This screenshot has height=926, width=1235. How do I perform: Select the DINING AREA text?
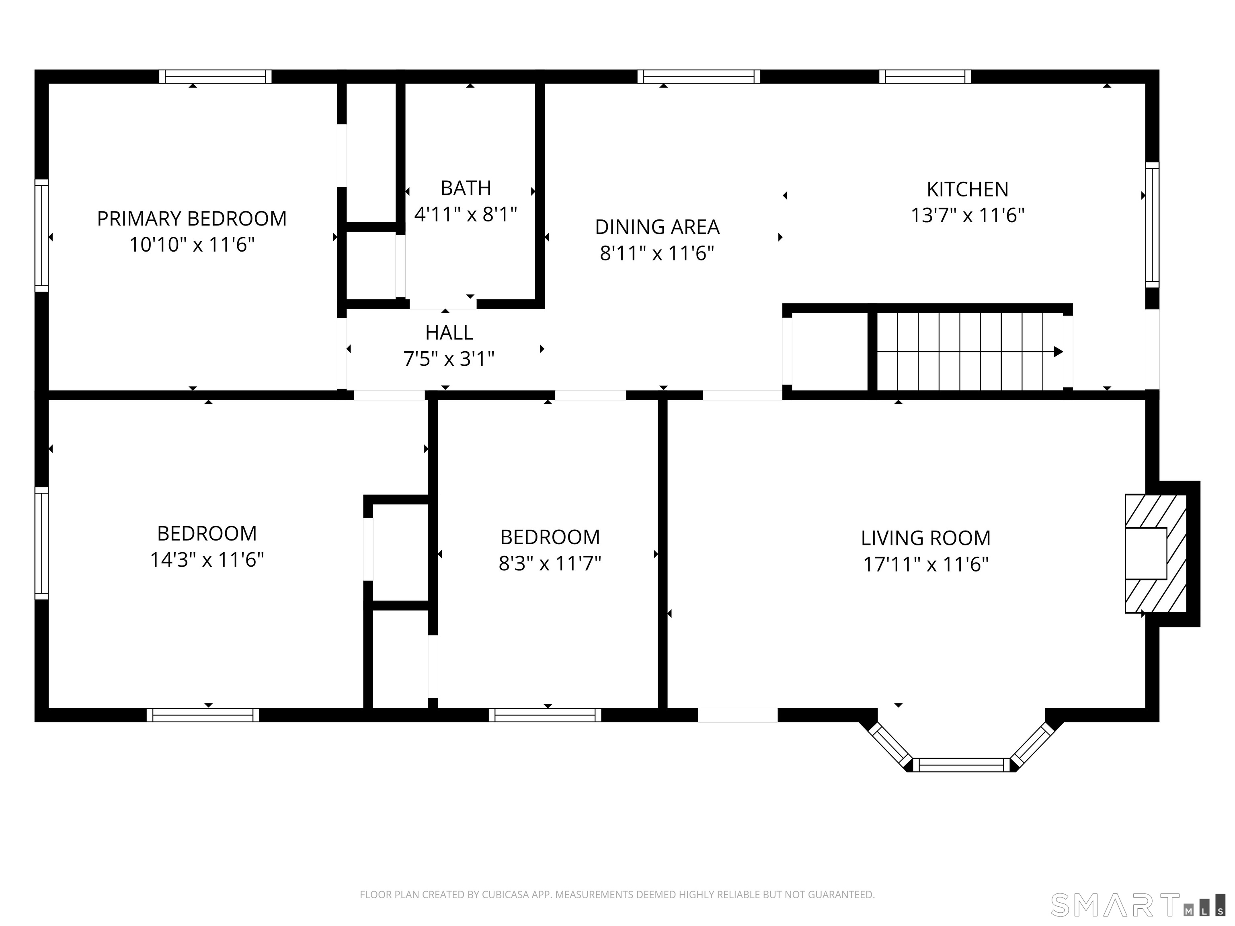tap(657, 227)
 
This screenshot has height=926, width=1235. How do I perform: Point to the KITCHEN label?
tap(968, 189)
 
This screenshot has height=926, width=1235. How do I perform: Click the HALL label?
tap(449, 333)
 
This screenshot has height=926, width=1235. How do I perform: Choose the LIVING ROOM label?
tap(926, 538)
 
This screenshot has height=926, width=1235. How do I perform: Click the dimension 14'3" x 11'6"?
tap(207, 559)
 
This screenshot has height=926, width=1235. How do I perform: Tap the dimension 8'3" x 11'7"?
tap(550, 563)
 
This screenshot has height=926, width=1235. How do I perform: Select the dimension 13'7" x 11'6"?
tap(968, 215)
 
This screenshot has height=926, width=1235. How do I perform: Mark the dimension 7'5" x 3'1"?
tap(449, 359)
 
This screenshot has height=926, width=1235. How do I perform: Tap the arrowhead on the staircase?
tap(1058, 352)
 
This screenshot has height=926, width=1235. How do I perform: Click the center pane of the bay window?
tap(961, 765)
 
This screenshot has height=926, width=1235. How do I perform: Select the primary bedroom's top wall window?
tap(215, 76)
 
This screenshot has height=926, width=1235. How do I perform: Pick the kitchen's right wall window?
tap(1152, 225)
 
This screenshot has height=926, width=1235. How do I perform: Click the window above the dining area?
tap(698, 76)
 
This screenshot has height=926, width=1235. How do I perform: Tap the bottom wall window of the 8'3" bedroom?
tap(545, 715)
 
